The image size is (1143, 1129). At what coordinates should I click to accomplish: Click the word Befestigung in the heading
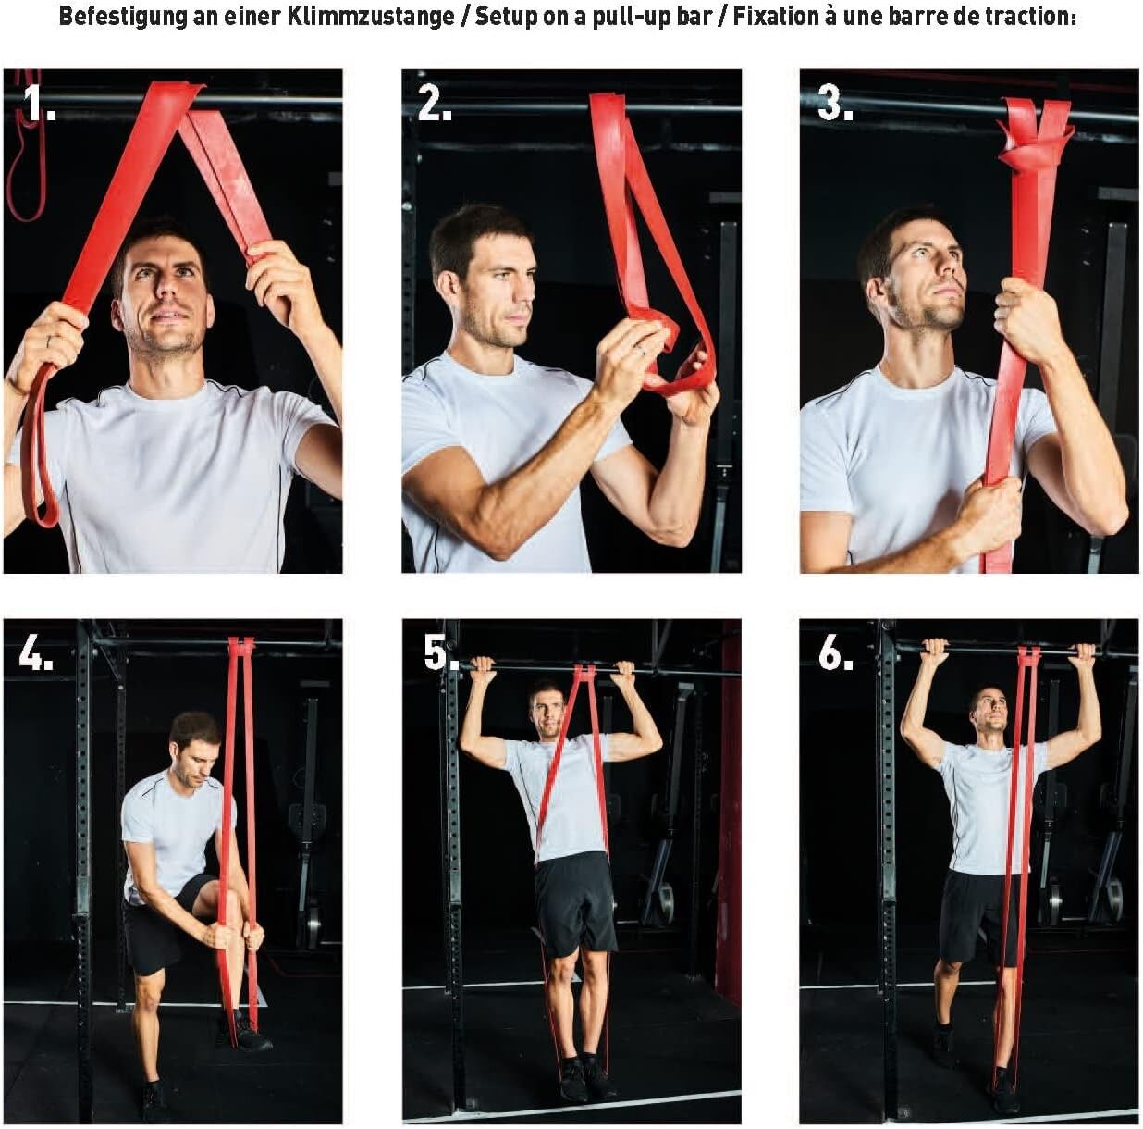pos(122,17)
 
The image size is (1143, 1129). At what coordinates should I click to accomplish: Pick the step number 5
pos(441,652)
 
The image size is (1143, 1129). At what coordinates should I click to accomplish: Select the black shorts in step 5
pos(575,905)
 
